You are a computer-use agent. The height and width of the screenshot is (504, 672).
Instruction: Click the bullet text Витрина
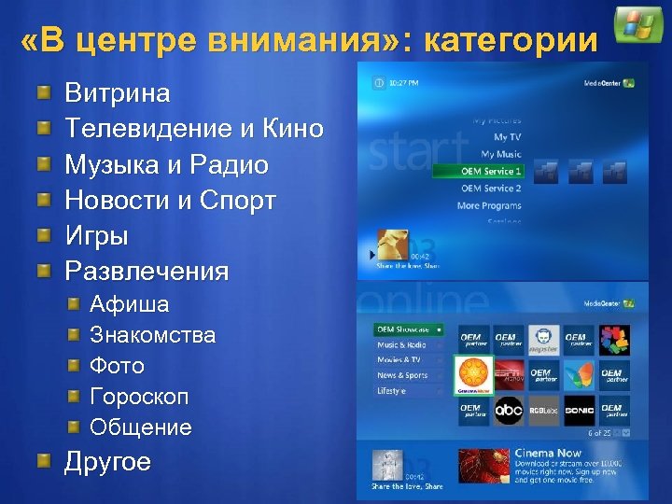pyautogui.click(x=118, y=93)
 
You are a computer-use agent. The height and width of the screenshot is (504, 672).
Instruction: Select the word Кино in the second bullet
pyautogui.click(x=292, y=130)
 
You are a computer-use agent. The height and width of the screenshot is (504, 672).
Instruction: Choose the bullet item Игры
pyautogui.click(x=96, y=236)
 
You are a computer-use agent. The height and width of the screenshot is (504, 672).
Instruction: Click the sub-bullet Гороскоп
pyautogui.click(x=139, y=397)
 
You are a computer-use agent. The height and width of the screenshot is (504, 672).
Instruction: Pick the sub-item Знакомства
pyautogui.click(x=152, y=334)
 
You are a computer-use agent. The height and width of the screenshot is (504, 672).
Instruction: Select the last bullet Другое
pyautogui.click(x=107, y=463)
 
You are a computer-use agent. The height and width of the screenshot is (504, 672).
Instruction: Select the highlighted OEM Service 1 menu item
pyautogui.click(x=477, y=172)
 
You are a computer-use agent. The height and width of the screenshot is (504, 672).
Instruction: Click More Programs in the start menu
pyautogui.click(x=489, y=205)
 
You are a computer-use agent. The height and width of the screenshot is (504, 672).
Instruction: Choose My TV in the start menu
pyautogui.click(x=508, y=137)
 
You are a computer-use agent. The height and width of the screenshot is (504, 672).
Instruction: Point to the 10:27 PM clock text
pyautogui.click(x=403, y=83)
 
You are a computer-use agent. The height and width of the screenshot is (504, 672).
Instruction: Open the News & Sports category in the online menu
pyautogui.click(x=402, y=375)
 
